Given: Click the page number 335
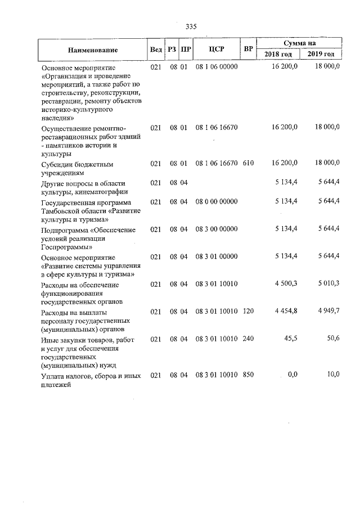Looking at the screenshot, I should (191, 26).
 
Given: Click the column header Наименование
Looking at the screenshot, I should (93, 49).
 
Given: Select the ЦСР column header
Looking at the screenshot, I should (217, 49).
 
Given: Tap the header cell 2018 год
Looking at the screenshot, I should (278, 54).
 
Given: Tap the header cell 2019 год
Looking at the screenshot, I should (321, 54).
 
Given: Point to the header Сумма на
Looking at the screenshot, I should (300, 43).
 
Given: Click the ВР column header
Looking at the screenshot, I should (248, 49).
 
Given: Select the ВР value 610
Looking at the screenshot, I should (249, 164).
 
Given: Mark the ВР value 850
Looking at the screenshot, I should (249, 375).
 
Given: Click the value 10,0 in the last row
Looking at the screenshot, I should (333, 375).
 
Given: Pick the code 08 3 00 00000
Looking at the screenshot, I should (217, 229).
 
